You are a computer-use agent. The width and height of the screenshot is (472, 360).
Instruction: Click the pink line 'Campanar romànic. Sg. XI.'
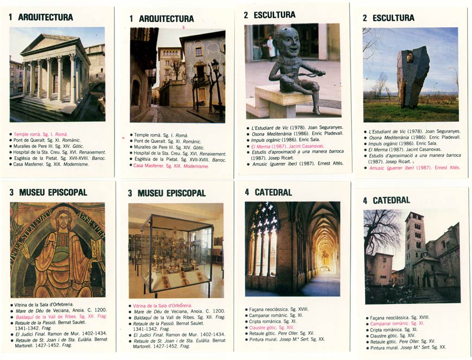397,323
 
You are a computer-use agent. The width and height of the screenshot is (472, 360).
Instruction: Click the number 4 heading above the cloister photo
247,192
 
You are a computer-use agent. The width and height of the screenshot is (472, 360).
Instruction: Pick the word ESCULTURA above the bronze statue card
275,15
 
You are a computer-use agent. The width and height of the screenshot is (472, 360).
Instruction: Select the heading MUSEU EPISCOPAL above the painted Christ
53,192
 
